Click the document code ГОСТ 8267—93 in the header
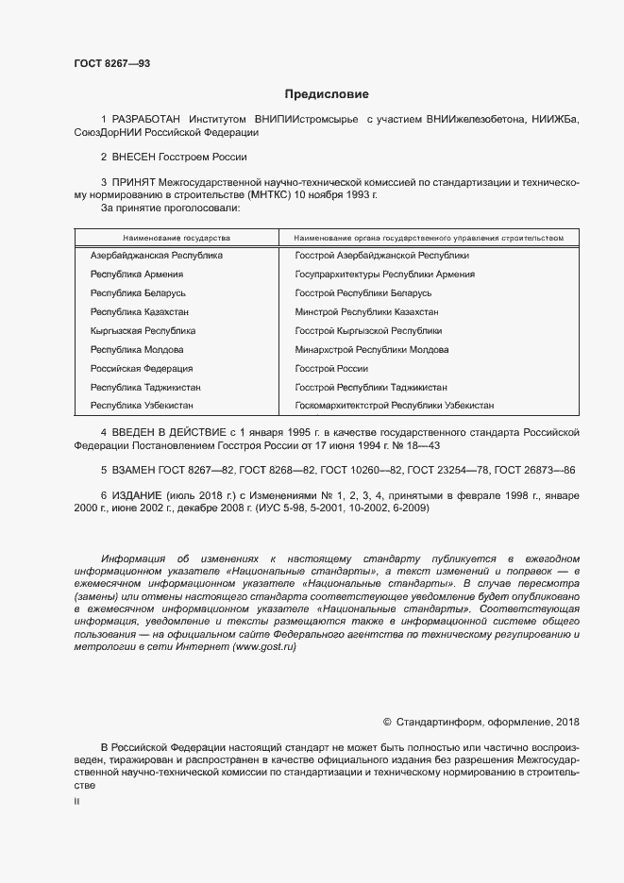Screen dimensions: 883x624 (111, 64)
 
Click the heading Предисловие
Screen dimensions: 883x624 (327, 94)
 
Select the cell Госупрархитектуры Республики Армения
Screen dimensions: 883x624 (384, 275)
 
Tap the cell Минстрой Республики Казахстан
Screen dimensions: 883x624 (366, 311)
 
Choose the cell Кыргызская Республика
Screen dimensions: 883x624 (143, 330)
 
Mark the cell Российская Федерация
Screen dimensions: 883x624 (141, 368)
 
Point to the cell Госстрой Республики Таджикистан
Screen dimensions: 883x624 (370, 387)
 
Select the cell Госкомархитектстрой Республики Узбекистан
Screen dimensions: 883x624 (394, 405)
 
